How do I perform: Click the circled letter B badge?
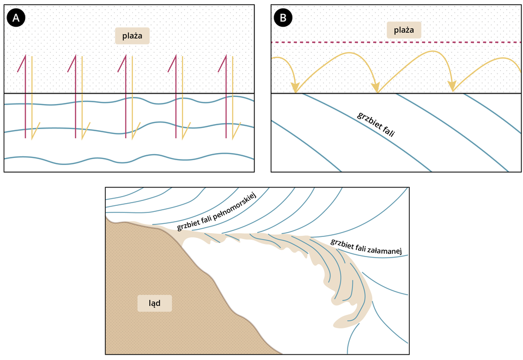[284, 18]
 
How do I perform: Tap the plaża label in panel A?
[132, 36]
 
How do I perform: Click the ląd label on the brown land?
[154, 303]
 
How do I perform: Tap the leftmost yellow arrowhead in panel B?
[295, 87]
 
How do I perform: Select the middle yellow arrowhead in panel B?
[376, 87]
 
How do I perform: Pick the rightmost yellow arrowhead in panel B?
[452, 87]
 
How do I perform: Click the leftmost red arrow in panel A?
[25, 98]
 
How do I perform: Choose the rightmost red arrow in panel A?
[226, 98]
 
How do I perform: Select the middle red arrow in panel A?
[125, 98]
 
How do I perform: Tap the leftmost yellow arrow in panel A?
[32, 98]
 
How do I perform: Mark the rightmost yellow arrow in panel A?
[233, 98]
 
